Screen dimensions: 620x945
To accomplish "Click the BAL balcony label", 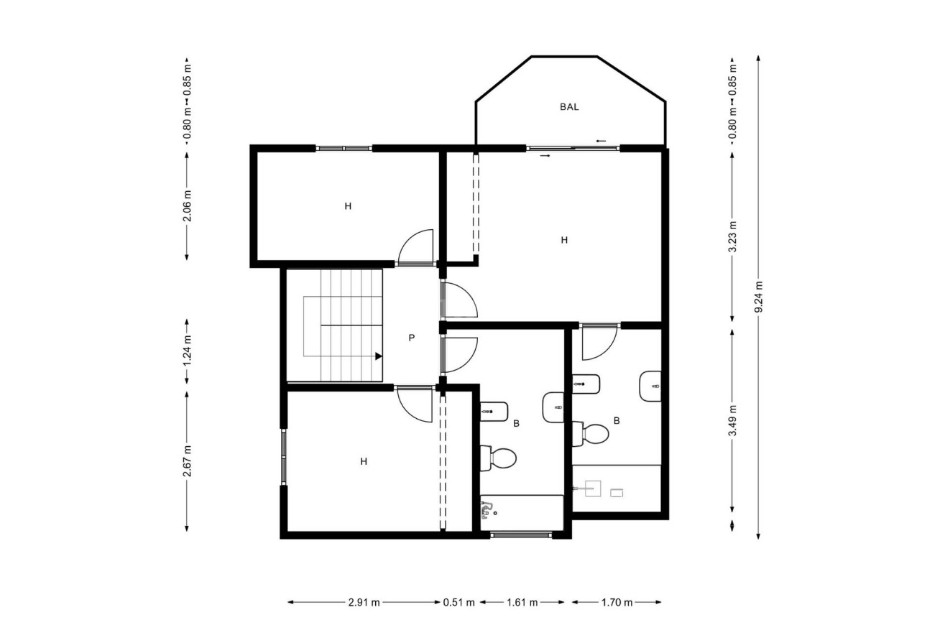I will click(x=568, y=107).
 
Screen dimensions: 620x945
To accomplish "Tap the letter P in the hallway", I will click(x=411, y=338).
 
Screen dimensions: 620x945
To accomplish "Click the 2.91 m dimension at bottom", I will click(x=364, y=602).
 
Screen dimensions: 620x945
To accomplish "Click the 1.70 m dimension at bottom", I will click(x=617, y=602).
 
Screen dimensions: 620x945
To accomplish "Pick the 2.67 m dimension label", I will click(x=187, y=461).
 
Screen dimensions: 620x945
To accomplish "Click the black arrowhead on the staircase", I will click(x=378, y=355).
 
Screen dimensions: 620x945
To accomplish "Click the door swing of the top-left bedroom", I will click(x=417, y=246).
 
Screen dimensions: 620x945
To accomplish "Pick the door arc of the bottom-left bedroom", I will click(x=415, y=405).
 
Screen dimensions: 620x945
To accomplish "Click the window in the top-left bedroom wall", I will click(x=344, y=148).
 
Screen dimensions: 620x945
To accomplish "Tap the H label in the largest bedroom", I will click(x=564, y=240).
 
